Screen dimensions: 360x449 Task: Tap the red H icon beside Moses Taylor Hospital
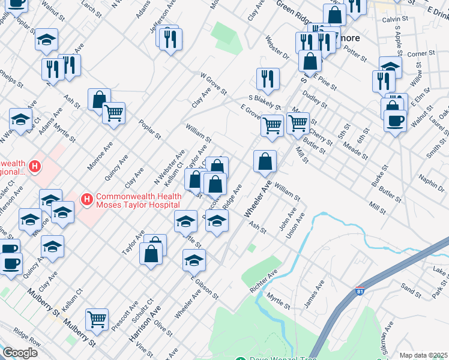pos(86,199)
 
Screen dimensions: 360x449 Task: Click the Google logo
pos(20,353)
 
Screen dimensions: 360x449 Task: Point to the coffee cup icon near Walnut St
pos(394,120)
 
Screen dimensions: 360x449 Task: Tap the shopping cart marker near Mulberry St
pos(96,319)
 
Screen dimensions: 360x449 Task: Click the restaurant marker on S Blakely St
pos(268,79)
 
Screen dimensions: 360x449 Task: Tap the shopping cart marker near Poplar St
pos(113,113)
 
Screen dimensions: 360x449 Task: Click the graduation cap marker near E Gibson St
pos(194,260)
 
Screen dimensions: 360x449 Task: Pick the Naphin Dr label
pos(432,179)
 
